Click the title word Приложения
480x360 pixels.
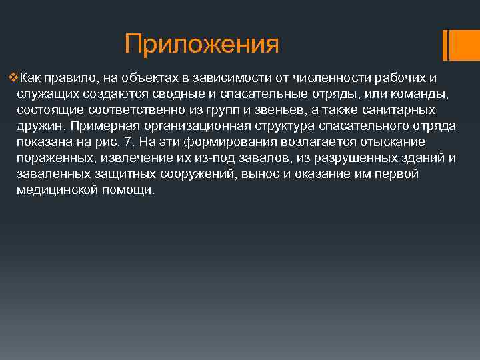201,45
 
